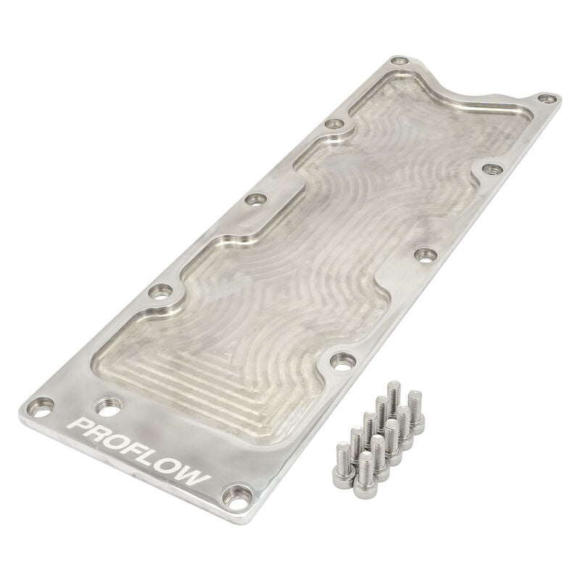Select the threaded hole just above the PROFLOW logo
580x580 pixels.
point(107,409)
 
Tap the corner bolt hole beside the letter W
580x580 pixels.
point(234,496)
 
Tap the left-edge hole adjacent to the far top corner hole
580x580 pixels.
point(334,124)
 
